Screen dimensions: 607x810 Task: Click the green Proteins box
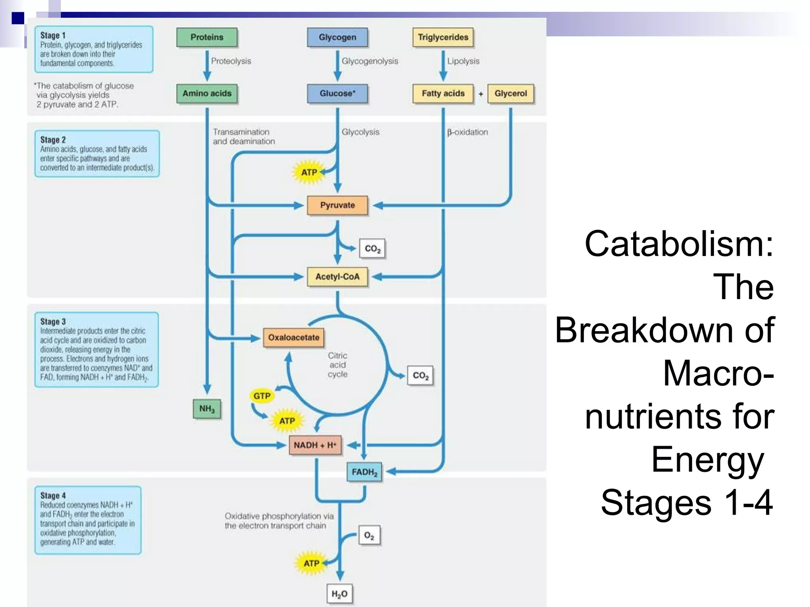pos(207,38)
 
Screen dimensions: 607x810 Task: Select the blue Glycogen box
pos(337,38)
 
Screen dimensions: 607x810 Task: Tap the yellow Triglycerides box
pos(443,38)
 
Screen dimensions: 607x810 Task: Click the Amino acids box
pos(207,94)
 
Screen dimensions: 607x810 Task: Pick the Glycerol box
pos(511,94)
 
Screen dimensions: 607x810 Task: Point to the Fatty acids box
pos(443,94)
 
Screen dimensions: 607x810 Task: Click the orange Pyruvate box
pos(337,205)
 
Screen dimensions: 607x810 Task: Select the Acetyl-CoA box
pos(337,277)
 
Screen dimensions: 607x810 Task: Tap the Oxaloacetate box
pos(293,337)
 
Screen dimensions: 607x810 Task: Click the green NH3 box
pos(207,409)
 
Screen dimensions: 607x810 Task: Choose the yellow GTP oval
pos(262,396)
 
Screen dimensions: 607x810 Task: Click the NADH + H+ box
pos(315,445)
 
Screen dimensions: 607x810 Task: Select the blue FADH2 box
pos(364,472)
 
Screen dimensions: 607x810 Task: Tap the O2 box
pos(369,536)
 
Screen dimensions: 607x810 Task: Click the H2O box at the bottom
pos(339,594)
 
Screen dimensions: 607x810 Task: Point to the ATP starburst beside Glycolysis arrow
pos(309,173)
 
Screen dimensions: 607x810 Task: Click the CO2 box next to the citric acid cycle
pos(420,375)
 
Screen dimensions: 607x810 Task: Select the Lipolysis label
pos(463,61)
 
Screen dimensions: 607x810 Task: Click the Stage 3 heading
pos(53,322)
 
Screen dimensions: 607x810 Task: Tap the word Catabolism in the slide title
pos(678,245)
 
